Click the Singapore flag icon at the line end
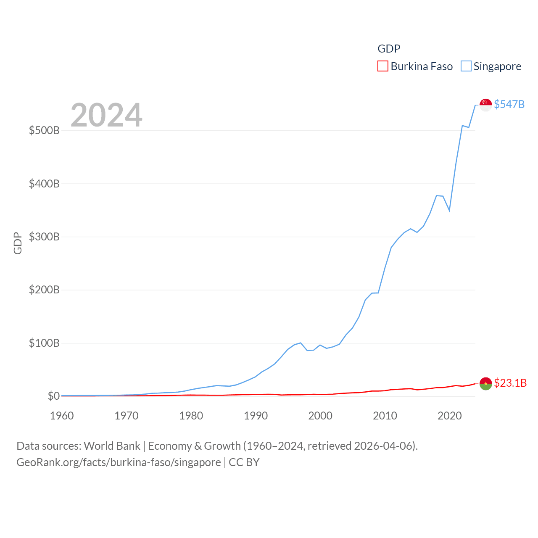pos(485,105)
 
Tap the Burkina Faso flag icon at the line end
pos(485,383)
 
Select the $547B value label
pos(509,104)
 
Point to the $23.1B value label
pos(510,383)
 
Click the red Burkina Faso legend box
pos(382,66)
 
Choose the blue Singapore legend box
pos(466,66)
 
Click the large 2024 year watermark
pos(106,115)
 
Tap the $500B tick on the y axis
pos(44,130)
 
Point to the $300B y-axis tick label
pos(44,237)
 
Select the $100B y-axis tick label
pos(44,343)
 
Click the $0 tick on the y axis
pos(53,396)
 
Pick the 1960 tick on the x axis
pos(62,416)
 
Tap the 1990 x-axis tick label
pos(256,416)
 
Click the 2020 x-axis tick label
pos(449,416)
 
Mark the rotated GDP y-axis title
pos(18,243)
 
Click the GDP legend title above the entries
pos(389,49)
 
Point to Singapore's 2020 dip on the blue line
pos(449,210)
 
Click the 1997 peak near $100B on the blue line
pos(301,343)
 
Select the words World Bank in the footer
pos(112,446)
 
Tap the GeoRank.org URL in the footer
pos(119,462)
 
